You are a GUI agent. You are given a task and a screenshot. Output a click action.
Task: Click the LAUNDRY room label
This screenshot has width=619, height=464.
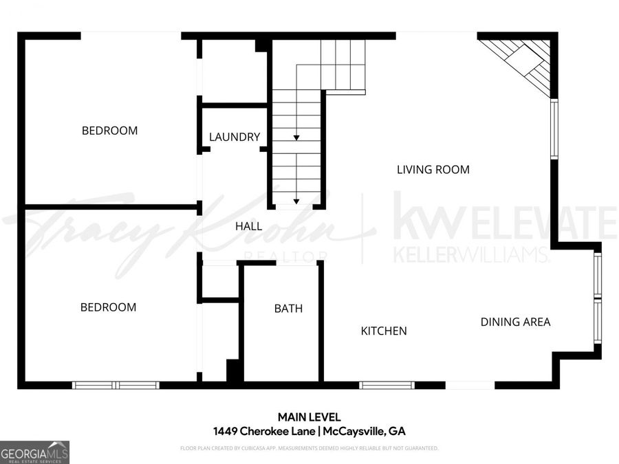pyautogui.click(x=235, y=137)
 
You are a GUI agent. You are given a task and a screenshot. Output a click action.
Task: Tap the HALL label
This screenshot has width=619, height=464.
pyautogui.click(x=248, y=226)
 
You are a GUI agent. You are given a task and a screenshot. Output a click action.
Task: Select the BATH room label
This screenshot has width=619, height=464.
pyautogui.click(x=288, y=309)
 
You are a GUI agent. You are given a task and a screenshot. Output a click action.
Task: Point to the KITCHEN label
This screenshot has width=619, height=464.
pyautogui.click(x=384, y=331)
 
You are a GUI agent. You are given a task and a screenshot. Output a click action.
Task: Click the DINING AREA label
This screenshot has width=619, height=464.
pyautogui.click(x=515, y=321)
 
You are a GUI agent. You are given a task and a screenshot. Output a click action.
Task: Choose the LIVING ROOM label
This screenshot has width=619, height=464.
pyautogui.click(x=433, y=169)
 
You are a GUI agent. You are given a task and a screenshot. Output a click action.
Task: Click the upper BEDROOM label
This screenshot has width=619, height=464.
pyautogui.click(x=109, y=130)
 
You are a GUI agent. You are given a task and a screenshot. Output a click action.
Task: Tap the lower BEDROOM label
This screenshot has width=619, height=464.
pyautogui.click(x=108, y=307)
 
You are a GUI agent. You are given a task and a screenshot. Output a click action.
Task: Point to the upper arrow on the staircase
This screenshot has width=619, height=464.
pyautogui.click(x=296, y=138)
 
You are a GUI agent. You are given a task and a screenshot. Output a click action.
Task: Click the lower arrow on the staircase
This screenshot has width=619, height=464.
pyautogui.click(x=296, y=201)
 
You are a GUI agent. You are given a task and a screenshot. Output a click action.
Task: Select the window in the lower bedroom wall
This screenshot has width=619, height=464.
pyautogui.click(x=116, y=385)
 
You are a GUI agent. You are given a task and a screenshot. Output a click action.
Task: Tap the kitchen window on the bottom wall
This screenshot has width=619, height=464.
pyautogui.click(x=387, y=385)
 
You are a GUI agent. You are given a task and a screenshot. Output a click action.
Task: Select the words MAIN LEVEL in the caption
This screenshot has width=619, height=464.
pyautogui.click(x=309, y=417)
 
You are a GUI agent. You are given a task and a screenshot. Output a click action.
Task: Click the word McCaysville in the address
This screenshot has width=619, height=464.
pyautogui.click(x=354, y=432)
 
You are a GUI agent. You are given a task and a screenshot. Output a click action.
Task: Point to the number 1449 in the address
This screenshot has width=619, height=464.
pyautogui.click(x=226, y=432)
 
